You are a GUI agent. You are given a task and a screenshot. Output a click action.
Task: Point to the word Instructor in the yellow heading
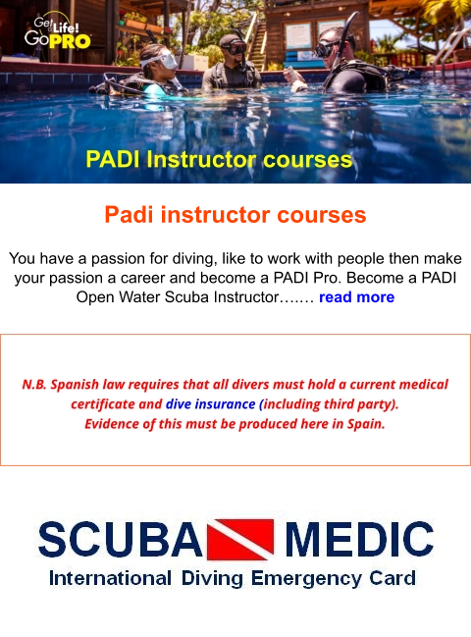coord(212,159)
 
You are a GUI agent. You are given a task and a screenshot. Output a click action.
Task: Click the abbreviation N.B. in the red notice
coord(37,384)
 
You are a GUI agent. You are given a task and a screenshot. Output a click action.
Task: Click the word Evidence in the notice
coord(115,425)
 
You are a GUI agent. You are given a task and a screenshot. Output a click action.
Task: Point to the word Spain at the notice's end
coord(364,425)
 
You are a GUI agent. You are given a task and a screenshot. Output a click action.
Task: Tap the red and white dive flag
coord(241,539)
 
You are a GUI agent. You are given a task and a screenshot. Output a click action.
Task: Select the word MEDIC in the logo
coord(358,540)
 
